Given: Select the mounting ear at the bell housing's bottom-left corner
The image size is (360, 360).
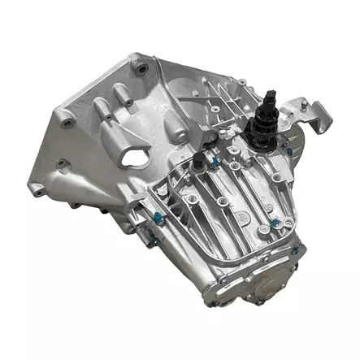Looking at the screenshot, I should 37,191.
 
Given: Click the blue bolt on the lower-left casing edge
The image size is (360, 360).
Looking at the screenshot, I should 155,217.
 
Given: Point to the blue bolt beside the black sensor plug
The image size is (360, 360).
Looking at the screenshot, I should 213,162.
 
